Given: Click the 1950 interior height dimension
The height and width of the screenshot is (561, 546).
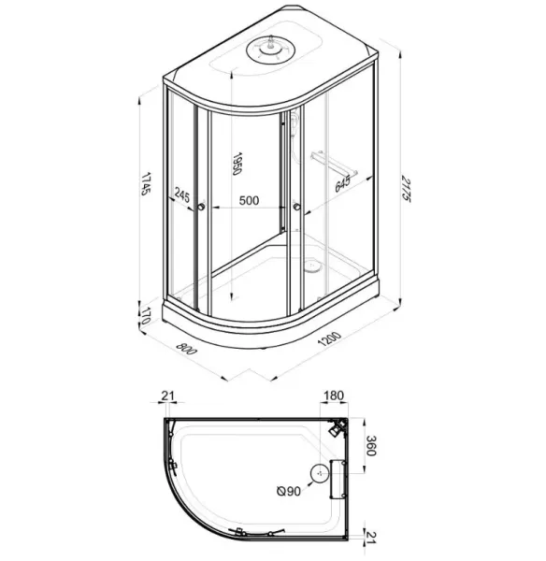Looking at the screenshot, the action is click(237, 164).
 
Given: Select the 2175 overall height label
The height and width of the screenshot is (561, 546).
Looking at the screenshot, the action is click(407, 189).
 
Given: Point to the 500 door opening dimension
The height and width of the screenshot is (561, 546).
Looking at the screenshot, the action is click(249, 200).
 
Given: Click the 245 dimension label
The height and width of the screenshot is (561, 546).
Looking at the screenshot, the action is click(182, 195).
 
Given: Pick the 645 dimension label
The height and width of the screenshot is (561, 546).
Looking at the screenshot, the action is click(342, 184).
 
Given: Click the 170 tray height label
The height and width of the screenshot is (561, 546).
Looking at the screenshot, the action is click(145, 316).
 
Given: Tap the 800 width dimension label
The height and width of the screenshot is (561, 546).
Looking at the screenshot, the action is click(186, 349).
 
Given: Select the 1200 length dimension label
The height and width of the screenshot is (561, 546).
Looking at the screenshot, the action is click(329, 339).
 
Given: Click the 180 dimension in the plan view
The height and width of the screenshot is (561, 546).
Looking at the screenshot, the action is click(334, 396).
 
